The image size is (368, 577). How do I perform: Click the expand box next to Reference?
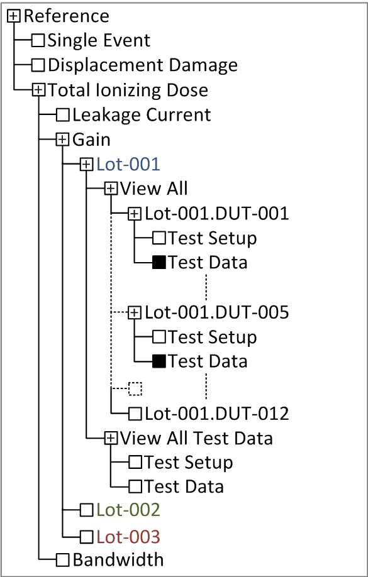(x=14, y=16)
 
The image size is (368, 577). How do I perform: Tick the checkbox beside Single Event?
(x=38, y=40)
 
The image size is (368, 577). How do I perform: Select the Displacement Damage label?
(x=143, y=65)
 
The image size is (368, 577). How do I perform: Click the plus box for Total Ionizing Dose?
(x=38, y=90)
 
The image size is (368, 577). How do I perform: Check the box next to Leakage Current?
(x=63, y=115)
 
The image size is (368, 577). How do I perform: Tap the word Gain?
(x=91, y=140)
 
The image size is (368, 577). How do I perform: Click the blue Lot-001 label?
(x=128, y=164)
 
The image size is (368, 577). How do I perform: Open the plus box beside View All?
(x=111, y=189)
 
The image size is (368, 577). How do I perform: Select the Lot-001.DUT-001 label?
(x=216, y=214)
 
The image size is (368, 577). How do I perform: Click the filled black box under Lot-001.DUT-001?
(x=159, y=262)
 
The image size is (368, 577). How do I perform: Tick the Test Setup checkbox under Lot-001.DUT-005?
(x=159, y=337)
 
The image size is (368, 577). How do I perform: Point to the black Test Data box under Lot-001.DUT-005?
(x=159, y=361)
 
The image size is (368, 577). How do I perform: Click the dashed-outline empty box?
(x=135, y=388)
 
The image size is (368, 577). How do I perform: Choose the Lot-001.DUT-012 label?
(x=216, y=414)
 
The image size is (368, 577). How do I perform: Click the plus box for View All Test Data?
(x=111, y=438)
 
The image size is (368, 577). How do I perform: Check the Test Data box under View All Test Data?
(x=135, y=487)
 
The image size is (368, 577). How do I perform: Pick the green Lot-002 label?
(x=128, y=510)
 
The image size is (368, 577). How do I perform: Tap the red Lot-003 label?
(x=128, y=537)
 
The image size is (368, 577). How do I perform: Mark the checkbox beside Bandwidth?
(x=63, y=560)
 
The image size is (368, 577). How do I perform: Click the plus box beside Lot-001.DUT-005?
(x=135, y=313)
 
